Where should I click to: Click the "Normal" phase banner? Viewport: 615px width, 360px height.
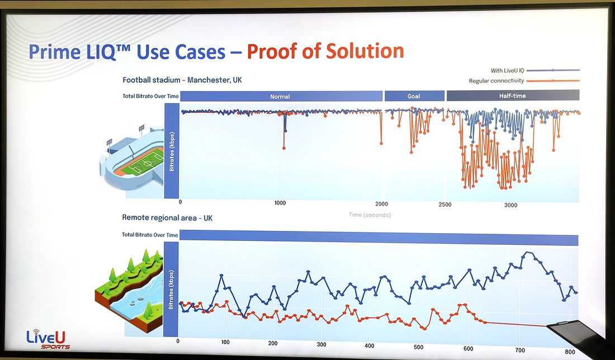click(281, 96)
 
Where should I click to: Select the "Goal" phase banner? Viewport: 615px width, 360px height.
click(414, 96)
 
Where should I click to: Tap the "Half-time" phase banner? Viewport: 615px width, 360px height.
click(513, 95)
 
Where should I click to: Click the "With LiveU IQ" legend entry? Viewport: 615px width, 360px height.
click(534, 70)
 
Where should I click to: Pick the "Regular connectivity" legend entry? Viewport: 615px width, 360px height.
click(524, 81)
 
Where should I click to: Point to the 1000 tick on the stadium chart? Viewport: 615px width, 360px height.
click(280, 203)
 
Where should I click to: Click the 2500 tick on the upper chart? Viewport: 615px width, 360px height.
click(445, 204)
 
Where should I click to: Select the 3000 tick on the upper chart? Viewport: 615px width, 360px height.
click(510, 205)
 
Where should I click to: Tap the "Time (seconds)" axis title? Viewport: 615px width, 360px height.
click(370, 215)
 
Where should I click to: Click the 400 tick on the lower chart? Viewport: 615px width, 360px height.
click(370, 346)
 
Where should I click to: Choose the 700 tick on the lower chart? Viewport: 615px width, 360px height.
click(520, 350)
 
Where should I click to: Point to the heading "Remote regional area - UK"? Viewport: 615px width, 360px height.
click(167, 217)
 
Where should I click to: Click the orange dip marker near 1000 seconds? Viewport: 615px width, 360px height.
click(284, 148)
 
